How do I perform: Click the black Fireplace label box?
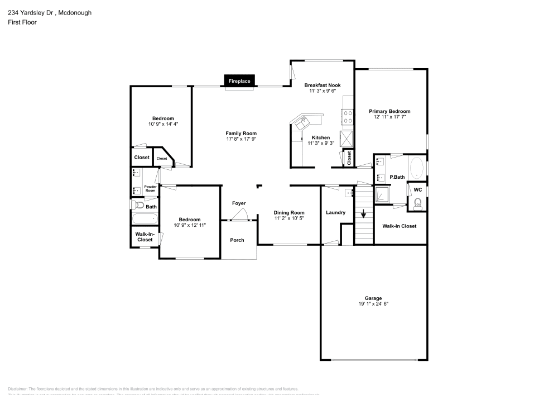pos(240,82)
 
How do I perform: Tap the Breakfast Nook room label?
pos(322,85)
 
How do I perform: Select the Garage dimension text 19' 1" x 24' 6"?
pos(373,304)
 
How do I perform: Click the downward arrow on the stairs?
pos(363,213)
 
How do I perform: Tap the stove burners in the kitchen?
pos(347,116)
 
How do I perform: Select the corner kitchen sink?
pos(305,121)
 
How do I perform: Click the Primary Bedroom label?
pos(389,111)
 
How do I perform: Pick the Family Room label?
pos(241,133)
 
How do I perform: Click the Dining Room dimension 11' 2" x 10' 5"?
pos(289,218)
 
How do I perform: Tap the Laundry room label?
pos(335,212)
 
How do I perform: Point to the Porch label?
pos(237,240)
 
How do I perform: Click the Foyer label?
pos(239,203)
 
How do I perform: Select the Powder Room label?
pos(150,189)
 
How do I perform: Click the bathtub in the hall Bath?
pos(145,219)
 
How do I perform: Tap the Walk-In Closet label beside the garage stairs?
pos(399,226)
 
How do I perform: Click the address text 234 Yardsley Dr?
pos(31,12)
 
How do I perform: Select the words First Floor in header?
pos(22,22)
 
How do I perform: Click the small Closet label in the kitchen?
pos(349,158)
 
